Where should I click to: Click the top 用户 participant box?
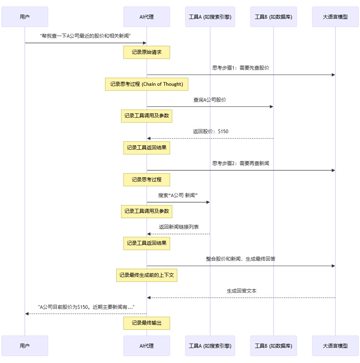25,17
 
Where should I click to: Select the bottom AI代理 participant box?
147,346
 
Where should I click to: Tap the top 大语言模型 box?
335,17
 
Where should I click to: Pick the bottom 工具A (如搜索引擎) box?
210,346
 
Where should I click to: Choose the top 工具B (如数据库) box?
273,17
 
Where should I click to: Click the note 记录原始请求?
147,52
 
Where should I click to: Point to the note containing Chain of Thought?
147,84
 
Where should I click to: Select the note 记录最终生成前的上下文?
147,275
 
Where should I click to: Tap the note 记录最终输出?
147,323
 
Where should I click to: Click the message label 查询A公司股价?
210,100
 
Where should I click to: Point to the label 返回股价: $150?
211,132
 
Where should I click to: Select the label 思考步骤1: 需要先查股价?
241,68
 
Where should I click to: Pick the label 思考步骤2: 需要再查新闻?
241,163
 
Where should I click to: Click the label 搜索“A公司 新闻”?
178,195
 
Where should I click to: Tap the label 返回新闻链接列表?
179,227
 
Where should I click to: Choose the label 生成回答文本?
241,291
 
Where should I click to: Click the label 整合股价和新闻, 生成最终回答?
241,259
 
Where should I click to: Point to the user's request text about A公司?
85,36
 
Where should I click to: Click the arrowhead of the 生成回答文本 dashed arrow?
149,298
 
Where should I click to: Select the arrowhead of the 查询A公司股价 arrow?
271,107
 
